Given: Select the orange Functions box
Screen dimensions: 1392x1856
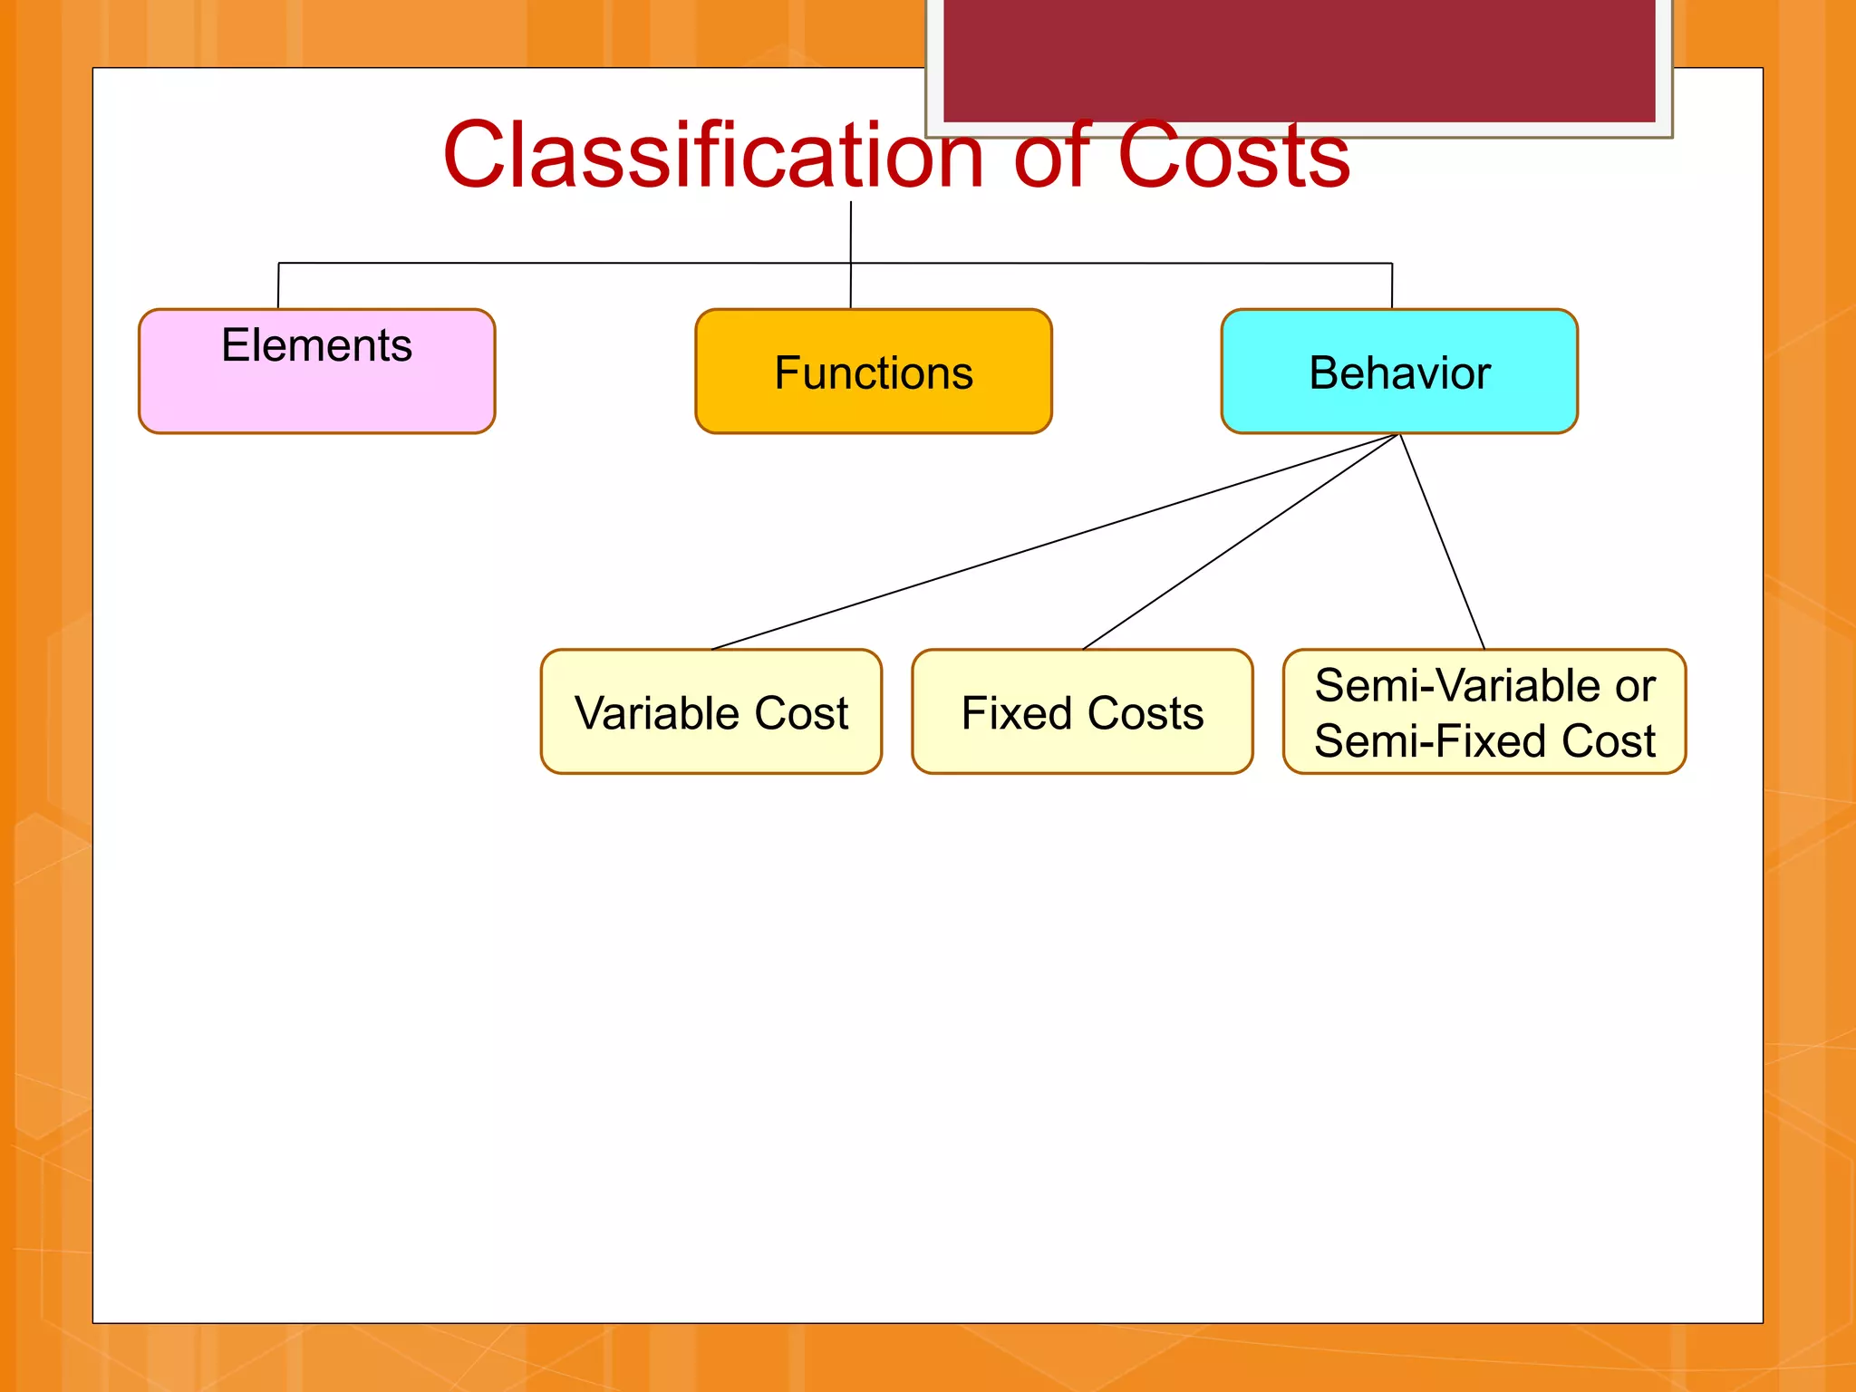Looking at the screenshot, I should (x=873, y=372).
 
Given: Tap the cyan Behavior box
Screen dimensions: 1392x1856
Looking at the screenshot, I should (x=1398, y=372).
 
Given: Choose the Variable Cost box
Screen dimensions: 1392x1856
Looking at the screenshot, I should (x=710, y=712).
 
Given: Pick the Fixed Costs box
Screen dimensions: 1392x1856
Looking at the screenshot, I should (x=1082, y=712).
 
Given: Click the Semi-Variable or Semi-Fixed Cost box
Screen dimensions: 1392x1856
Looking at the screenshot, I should (x=1484, y=712).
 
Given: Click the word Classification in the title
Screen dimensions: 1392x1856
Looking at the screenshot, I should (x=712, y=156).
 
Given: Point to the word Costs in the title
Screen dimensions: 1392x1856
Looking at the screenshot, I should (x=1233, y=156).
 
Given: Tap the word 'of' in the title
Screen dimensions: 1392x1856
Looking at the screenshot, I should (x=1051, y=156).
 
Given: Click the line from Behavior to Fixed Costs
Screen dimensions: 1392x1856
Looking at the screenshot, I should (x=1242, y=541).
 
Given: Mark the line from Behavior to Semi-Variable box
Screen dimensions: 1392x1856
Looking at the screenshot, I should (x=1442, y=541).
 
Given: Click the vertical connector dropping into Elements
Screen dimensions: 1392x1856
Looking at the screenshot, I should (x=278, y=286).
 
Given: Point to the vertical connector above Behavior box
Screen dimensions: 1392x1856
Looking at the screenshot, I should (x=1391, y=286).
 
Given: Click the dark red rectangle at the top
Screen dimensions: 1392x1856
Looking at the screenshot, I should (x=1299, y=59).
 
